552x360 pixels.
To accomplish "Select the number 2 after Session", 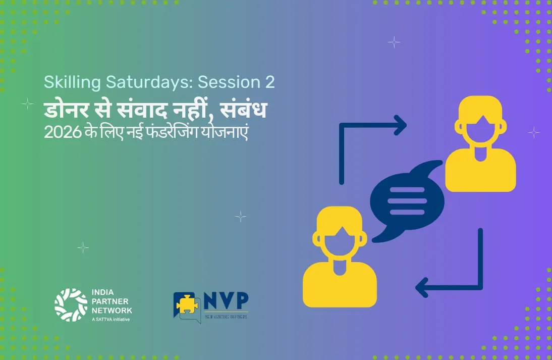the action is pos(269,82).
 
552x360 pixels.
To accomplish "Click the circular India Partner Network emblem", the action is pos(71,305).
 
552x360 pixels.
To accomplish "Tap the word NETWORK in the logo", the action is pos(112,311).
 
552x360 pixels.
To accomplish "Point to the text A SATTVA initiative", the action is pos(111,320).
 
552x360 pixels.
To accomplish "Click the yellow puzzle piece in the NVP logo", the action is pos(187,304).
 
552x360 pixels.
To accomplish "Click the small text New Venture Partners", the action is pos(226,317).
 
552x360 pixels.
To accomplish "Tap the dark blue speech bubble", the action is pos(407,201).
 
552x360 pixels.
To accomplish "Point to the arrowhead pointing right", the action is pos(401,125).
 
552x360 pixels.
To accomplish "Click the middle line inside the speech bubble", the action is pos(407,201).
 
